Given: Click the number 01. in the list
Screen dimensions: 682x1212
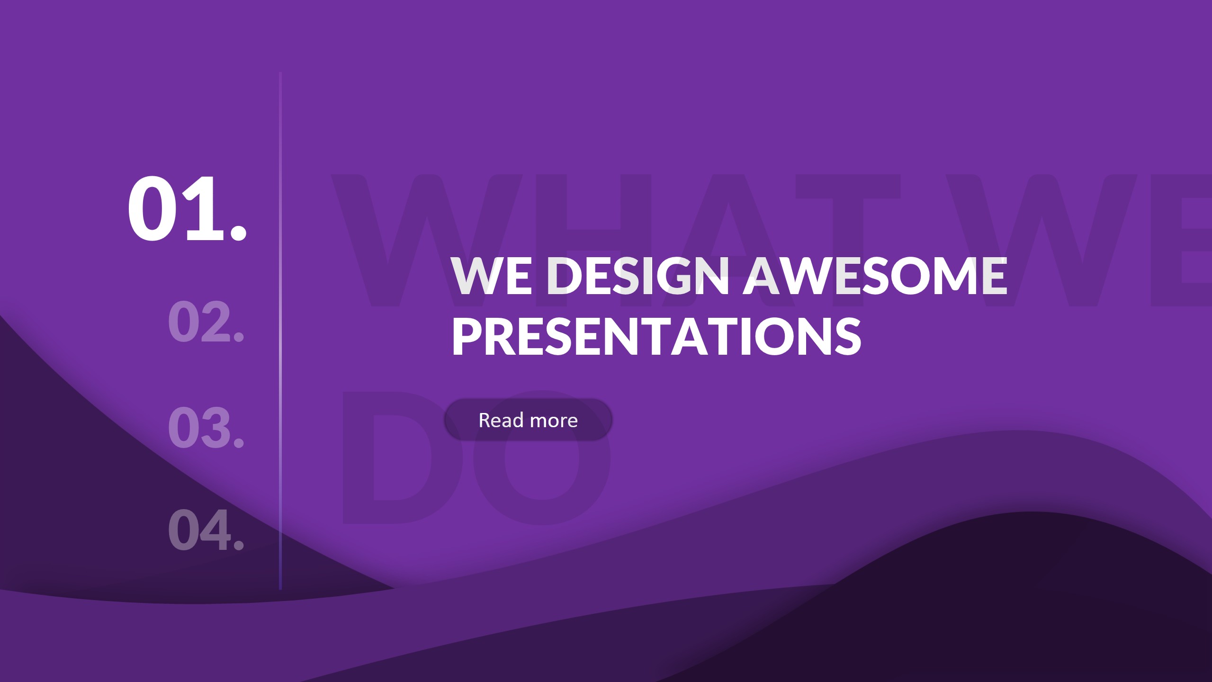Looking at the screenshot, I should [x=187, y=209].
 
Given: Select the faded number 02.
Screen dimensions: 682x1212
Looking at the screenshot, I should [x=206, y=322].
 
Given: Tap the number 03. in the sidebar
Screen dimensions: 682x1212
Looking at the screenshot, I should [x=206, y=427].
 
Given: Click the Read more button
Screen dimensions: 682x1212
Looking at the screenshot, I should [x=528, y=420].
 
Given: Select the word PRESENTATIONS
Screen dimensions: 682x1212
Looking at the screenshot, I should [x=656, y=336].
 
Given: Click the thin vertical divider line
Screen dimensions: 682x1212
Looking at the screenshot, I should [x=280, y=332].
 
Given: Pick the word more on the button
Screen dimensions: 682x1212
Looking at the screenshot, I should [x=554, y=420].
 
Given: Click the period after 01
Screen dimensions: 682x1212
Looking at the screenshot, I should [x=238, y=232].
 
